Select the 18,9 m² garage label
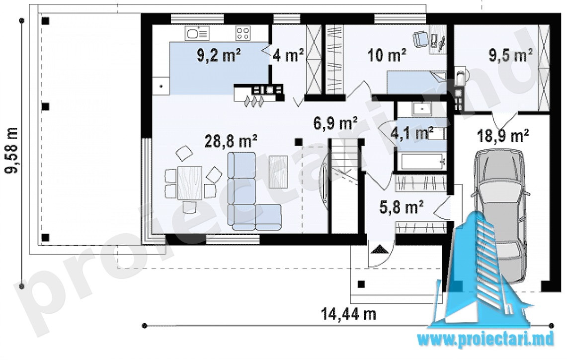(503, 136)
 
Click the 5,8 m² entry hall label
(402, 207)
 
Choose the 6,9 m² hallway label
(335, 123)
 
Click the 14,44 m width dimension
(349, 314)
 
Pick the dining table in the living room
(189, 183)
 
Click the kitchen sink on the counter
(197, 34)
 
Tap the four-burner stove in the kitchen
(243, 34)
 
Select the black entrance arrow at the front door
(379, 249)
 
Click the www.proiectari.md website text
(486, 340)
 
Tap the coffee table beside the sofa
(278, 172)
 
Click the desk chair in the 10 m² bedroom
(420, 38)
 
